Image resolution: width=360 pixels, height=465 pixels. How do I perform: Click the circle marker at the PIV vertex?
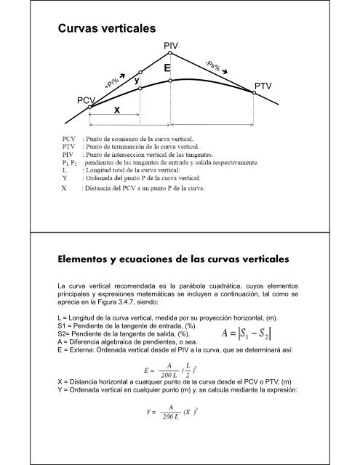pos(169,53)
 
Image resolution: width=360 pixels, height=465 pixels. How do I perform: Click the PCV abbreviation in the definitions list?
pos(70,137)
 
